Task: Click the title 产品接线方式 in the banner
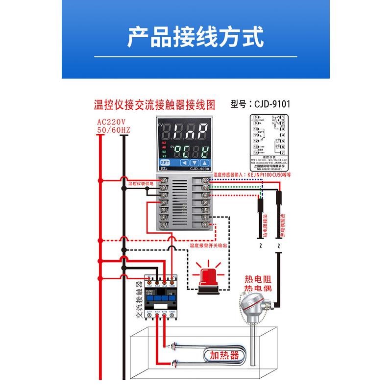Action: point(196,37)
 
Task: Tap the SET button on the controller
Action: point(165,163)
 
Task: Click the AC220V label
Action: point(111,122)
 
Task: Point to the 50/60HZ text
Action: point(113,130)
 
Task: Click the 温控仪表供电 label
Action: point(141,183)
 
